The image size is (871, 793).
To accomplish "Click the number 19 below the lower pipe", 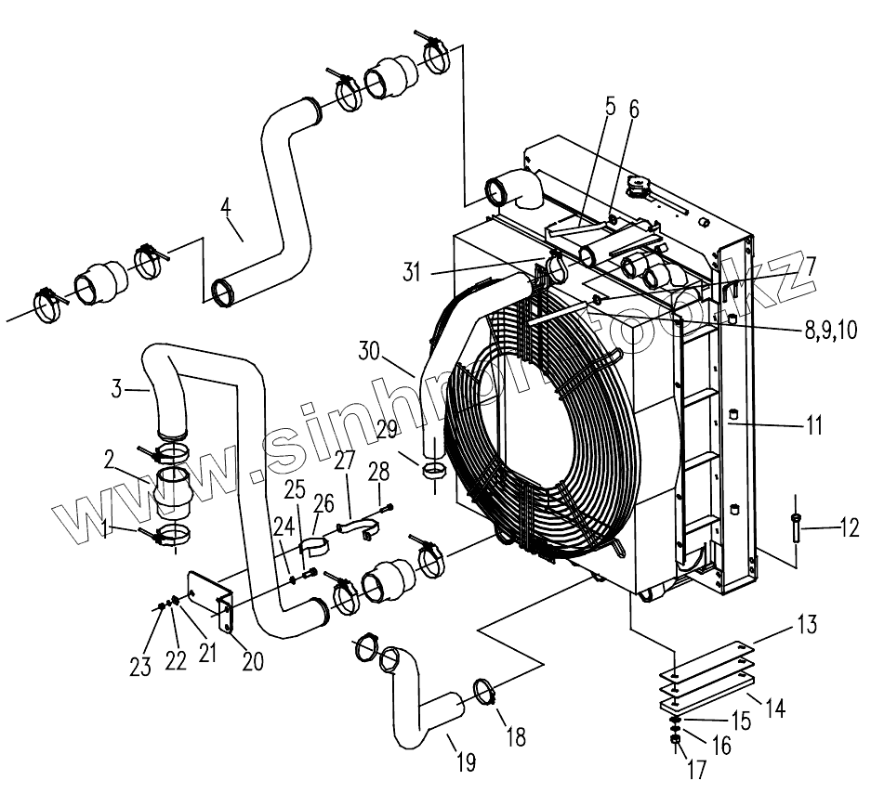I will [466, 763].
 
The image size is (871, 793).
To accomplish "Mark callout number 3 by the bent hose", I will [117, 388].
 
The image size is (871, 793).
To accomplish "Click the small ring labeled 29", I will [432, 471].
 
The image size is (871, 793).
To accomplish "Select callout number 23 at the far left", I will [140, 669].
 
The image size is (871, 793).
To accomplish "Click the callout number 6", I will [634, 110].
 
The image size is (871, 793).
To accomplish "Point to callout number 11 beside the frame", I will [813, 426].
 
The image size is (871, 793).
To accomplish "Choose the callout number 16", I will [721, 746].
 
